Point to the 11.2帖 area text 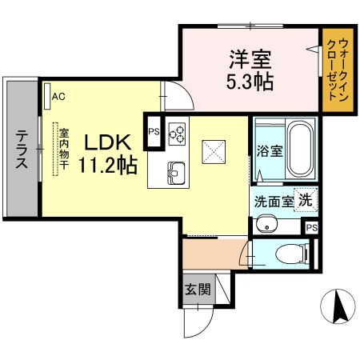pyautogui.click(x=105, y=166)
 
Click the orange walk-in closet pyautogui.click(x=338, y=69)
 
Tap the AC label pyautogui.click(x=58, y=97)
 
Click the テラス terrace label pyautogui.click(x=22, y=150)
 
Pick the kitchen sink pyautogui.click(x=176, y=171)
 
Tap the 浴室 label pyautogui.click(x=269, y=151)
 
